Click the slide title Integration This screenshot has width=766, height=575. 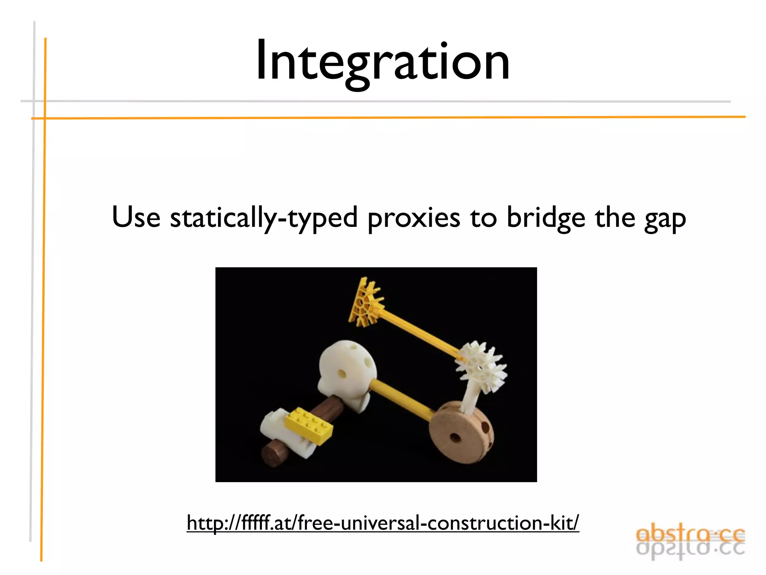(x=382, y=61)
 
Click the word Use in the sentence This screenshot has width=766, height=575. (x=136, y=217)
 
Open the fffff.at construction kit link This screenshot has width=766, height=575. (x=383, y=523)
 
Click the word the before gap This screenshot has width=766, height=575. (x=615, y=217)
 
